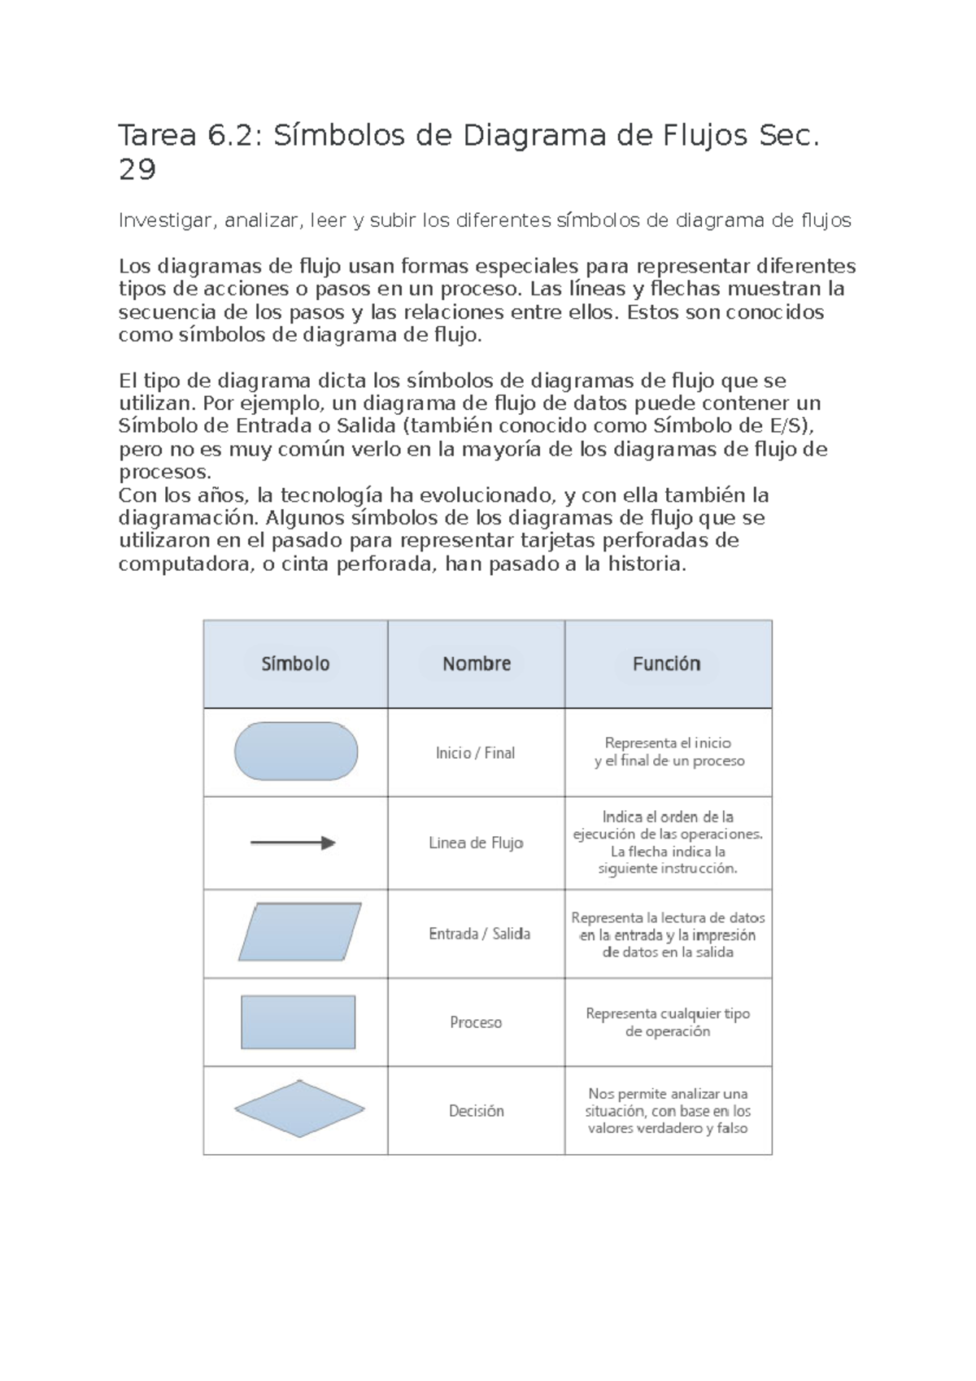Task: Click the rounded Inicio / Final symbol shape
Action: pos(296,751)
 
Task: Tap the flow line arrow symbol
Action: pos(293,843)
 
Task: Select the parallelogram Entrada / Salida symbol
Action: pos(299,932)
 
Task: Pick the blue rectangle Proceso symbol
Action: pos(298,1022)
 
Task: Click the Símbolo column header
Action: pos(295,664)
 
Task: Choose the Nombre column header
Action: pos(477,664)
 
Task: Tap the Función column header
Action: pos(666,664)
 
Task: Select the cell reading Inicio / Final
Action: pos(476,753)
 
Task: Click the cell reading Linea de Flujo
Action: pos(476,843)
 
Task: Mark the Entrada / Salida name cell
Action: pos(479,934)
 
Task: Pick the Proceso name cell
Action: pos(476,1022)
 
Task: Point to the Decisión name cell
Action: pos(477,1111)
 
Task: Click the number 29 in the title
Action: pos(137,170)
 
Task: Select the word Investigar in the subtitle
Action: pos(166,220)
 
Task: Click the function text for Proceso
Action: pos(668,1022)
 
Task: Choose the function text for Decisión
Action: pos(668,1111)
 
